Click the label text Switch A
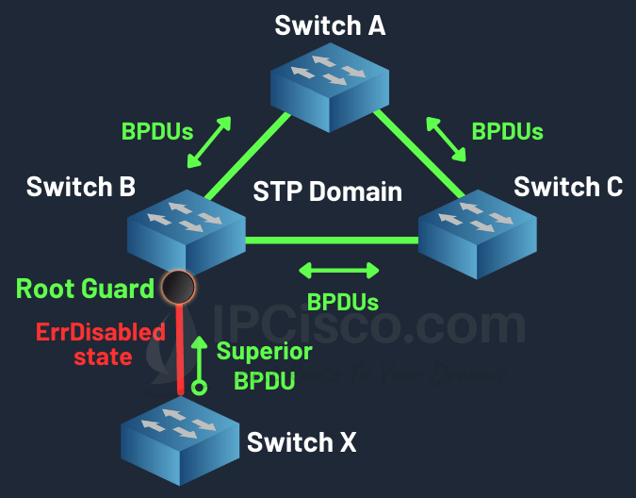pyautogui.click(x=330, y=25)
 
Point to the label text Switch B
pyautogui.click(x=81, y=186)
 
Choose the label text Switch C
pyautogui.click(x=568, y=186)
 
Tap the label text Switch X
pyautogui.click(x=302, y=441)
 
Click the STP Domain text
pyautogui.click(x=327, y=192)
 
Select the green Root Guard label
pyautogui.click(x=85, y=288)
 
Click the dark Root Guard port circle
pyautogui.click(x=177, y=285)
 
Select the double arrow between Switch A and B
pyautogui.click(x=210, y=142)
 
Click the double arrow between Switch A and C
pyautogui.click(x=447, y=140)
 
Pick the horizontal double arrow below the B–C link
pyautogui.click(x=338, y=271)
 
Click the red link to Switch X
pyautogui.click(x=180, y=349)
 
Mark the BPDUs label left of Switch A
pyautogui.click(x=156, y=130)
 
